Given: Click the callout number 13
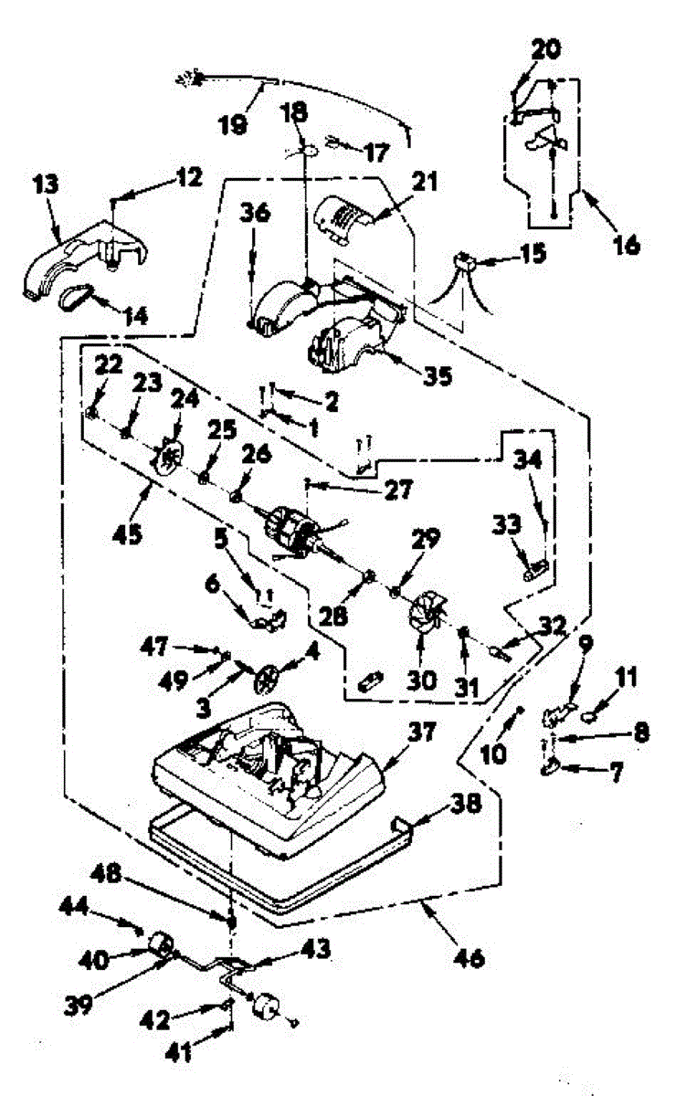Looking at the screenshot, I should point(47,185).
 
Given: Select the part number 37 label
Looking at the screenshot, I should point(423,730).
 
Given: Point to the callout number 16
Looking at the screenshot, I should point(627,245).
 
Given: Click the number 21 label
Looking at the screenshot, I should point(425,184).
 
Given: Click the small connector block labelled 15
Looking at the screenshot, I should point(468,260).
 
